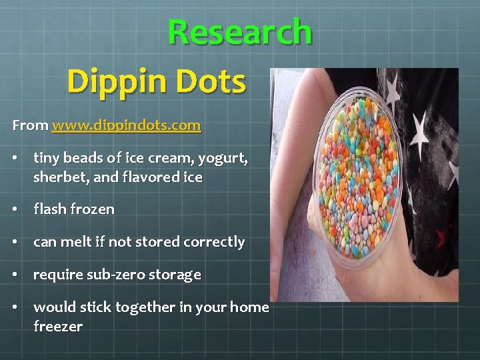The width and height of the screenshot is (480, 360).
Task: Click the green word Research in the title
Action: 239,32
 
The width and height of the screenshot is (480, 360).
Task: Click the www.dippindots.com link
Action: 126,125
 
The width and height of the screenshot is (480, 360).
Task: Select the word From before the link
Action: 30,125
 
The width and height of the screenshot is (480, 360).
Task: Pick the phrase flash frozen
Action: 73,209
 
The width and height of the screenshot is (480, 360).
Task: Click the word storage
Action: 175,275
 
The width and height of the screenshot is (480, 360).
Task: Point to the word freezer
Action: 58,326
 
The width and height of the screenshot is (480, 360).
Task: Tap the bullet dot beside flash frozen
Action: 15,209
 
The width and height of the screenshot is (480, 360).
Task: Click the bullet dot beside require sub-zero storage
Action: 15,275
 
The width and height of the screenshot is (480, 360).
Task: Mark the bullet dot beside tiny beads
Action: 15,158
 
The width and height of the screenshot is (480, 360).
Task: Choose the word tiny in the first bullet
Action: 47,159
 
